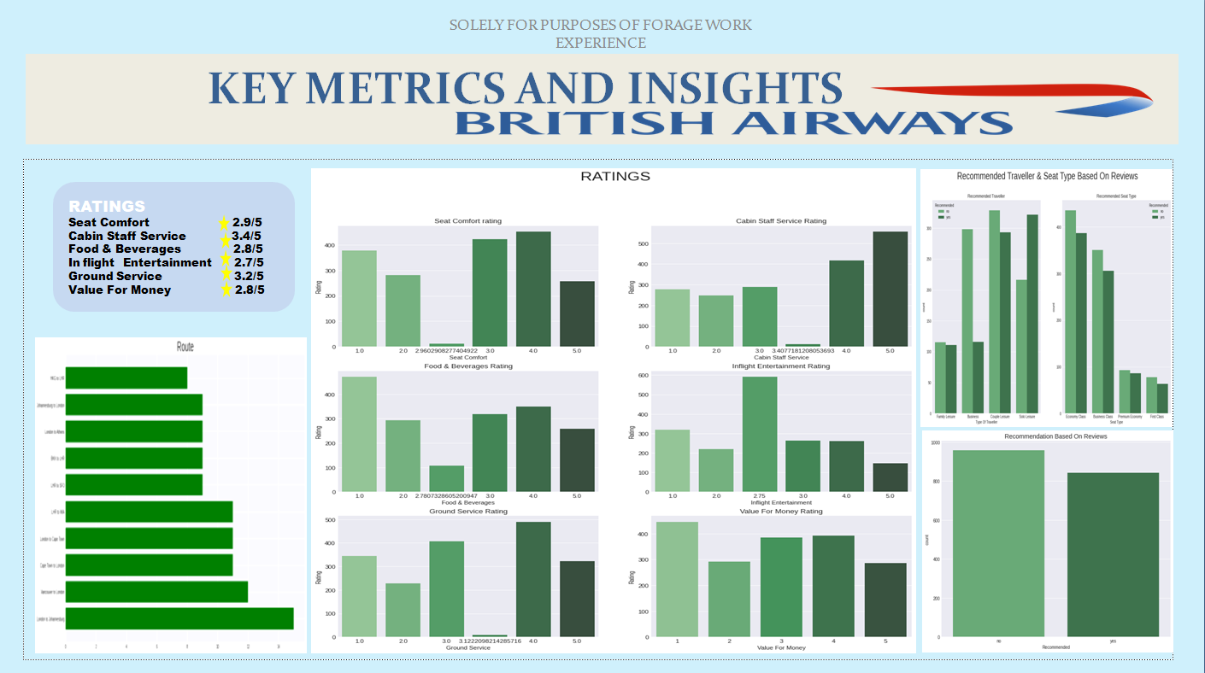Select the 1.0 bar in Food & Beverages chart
[x=359, y=435]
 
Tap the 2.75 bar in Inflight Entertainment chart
[x=760, y=435]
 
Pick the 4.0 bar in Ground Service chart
[x=533, y=579]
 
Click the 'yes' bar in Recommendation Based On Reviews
[x=1112, y=554]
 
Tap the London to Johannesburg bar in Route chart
[x=179, y=618]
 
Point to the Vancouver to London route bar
[x=156, y=592]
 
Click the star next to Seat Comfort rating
[x=225, y=223]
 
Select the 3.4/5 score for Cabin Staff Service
[x=246, y=236]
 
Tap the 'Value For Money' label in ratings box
[x=120, y=290]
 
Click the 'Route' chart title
[x=185, y=347]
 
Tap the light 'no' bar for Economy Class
[x=1071, y=312]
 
